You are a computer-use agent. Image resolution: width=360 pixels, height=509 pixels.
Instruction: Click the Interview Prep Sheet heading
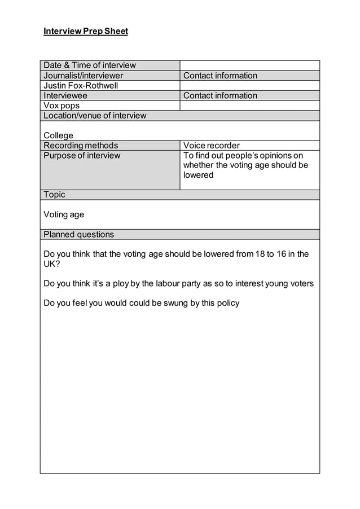[x=86, y=31]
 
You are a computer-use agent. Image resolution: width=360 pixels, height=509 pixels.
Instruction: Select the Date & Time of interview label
[x=90, y=65]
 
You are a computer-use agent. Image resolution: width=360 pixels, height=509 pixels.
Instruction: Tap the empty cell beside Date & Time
[x=249, y=65]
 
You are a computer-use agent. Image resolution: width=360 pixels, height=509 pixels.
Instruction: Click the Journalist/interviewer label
[x=84, y=76]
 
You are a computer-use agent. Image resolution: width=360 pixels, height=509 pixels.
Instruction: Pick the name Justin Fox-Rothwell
[x=81, y=86]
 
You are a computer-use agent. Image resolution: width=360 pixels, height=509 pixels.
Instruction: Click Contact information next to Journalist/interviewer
[x=220, y=76]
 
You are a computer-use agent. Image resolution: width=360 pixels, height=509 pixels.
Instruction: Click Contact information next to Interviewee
[x=220, y=95]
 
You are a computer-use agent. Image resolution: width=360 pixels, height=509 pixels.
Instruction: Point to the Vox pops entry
[x=62, y=106]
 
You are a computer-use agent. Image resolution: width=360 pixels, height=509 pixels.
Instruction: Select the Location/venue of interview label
[x=95, y=116]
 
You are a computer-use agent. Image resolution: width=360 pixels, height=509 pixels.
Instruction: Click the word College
[x=59, y=135]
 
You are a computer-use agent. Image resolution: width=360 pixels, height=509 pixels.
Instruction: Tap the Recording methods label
[x=81, y=146]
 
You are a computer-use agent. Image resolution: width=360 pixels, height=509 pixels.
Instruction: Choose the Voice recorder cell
[x=212, y=146]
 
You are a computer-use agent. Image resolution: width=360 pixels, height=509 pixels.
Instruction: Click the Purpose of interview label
[x=82, y=156]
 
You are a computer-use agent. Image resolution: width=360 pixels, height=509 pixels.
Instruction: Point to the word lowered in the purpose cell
[x=198, y=175]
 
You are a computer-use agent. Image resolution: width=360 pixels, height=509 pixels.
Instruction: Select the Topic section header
[x=54, y=195]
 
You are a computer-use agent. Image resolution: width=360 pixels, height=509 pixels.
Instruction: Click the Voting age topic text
[x=64, y=214]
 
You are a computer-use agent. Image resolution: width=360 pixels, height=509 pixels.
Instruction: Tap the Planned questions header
[x=78, y=234]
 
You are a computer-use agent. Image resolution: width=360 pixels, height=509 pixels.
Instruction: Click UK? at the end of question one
[x=51, y=264]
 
